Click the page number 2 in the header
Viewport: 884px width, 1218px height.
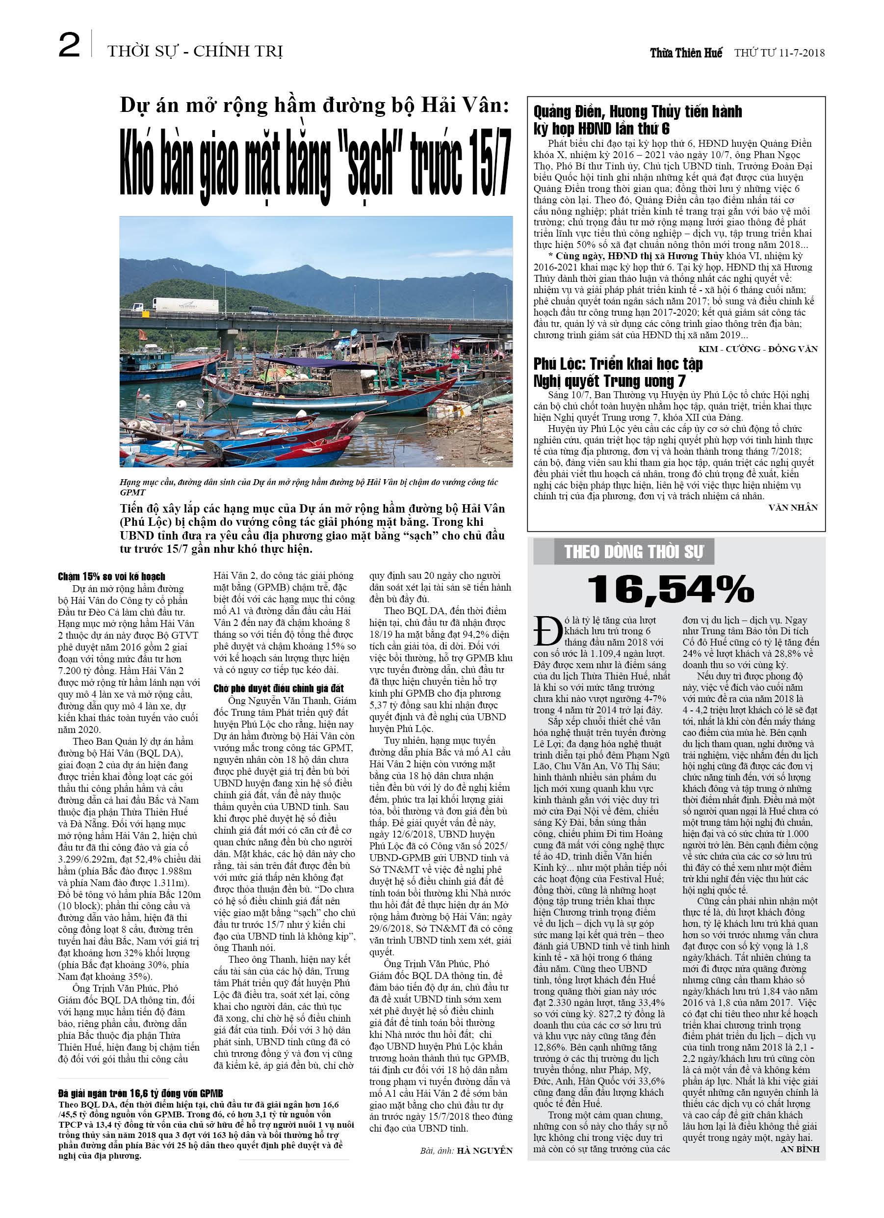pos(69,45)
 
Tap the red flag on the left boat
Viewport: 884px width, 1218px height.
pos(143,335)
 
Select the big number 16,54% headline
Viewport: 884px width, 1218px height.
pos(671,589)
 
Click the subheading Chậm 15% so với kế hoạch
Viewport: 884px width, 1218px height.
pos(112,576)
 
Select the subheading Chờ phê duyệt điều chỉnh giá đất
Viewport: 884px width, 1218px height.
pos(278,688)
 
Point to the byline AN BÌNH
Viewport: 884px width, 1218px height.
pos(800,1149)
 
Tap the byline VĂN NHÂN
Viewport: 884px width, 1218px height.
pos(793,508)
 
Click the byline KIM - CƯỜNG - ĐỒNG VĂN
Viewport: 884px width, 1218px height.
pos(758,349)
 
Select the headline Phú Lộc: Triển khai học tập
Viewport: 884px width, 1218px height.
pos(618,364)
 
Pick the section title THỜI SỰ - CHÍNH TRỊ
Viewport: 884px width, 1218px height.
pos(195,52)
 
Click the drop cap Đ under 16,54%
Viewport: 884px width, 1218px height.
pos(547,631)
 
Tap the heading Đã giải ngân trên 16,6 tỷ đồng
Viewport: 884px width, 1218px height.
pos(141,1093)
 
